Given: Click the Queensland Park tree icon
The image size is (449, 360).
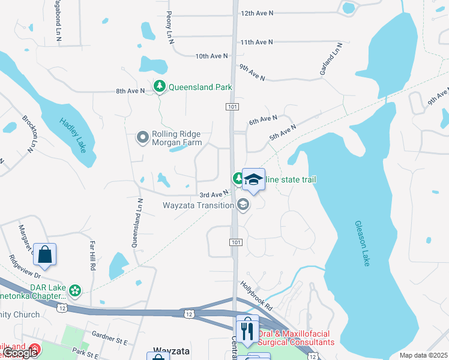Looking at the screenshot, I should pos(160,87).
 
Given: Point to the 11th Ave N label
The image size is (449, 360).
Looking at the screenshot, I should pos(256,42).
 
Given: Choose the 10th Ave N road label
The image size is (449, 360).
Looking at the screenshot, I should pos(212,56).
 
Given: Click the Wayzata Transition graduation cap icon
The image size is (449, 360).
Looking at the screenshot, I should pos(243,205).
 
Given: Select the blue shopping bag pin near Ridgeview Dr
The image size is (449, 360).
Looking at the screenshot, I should pos(45,254).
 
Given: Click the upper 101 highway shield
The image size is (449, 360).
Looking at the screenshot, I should pos(233,106).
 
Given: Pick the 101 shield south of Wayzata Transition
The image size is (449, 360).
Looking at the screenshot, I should pos(235,242).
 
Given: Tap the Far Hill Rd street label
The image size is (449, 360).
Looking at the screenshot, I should pos(93,256).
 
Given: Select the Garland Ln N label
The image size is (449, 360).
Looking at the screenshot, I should pos(331,61).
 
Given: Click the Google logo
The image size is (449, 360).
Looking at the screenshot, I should pos(20,353).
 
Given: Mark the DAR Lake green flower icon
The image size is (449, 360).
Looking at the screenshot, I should pos(75,291).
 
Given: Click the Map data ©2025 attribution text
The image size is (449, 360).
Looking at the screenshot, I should pos(423,355).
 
